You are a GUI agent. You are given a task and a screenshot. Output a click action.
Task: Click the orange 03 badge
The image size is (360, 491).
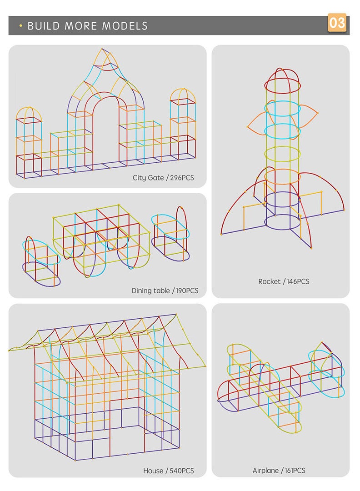point(337,23)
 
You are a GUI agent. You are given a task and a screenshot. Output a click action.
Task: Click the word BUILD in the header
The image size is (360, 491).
point(44,26)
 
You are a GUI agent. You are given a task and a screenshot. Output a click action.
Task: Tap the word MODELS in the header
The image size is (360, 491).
point(125,26)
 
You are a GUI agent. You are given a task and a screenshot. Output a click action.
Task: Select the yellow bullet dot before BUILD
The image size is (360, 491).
point(20,26)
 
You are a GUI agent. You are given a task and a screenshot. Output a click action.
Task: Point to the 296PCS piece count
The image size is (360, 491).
point(182,178)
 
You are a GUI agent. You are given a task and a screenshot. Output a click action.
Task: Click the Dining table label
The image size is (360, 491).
point(150,291)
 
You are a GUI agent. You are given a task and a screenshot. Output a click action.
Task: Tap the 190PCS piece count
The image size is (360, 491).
point(187,291)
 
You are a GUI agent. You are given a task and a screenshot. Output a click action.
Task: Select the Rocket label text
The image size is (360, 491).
point(269,281)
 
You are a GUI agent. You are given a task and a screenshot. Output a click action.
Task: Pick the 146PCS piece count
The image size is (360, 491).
point(297,281)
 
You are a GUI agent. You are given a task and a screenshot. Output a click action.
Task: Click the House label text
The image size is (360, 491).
point(153,471)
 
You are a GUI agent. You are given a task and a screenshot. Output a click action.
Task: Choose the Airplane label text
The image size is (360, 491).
point(266,471)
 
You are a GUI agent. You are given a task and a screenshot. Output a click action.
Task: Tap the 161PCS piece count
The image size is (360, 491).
point(294,471)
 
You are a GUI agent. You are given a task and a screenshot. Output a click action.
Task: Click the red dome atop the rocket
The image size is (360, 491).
point(282,77)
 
